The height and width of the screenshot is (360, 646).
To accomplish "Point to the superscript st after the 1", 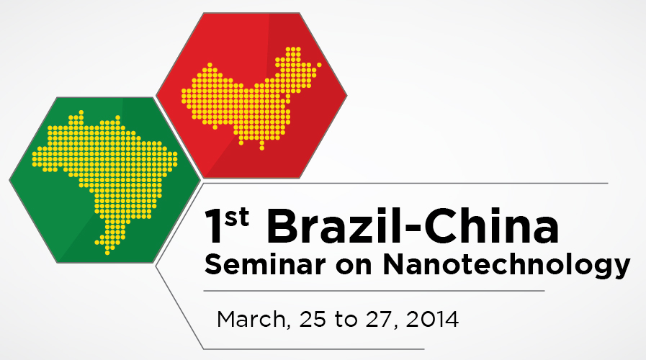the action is pos(237,217).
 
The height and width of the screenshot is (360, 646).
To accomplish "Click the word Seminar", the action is pos(265,264).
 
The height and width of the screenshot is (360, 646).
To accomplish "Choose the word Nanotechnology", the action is pos(507,266).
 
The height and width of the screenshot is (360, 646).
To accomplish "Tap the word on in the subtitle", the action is pos(354,267).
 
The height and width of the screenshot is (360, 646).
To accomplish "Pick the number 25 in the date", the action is pos(313,320).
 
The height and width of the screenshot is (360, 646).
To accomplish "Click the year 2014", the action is pos(432,320).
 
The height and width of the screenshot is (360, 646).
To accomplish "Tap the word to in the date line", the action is pos(346,320).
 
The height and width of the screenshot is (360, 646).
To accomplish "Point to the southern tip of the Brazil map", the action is pos(107,252).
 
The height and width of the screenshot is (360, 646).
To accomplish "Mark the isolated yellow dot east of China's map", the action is pos(319,65).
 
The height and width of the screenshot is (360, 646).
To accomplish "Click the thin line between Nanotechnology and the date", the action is pos(374,291).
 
